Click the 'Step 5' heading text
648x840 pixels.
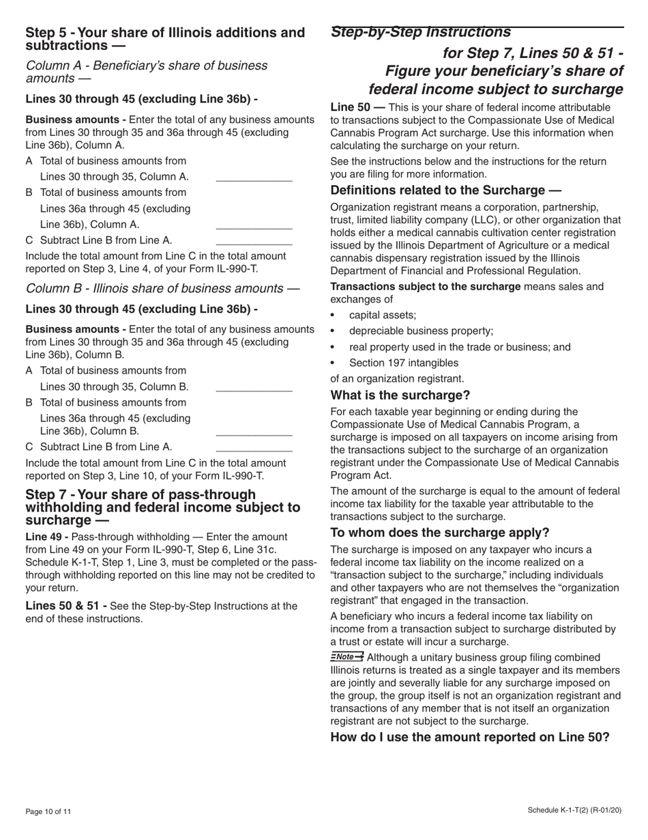point(164,39)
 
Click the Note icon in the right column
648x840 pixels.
point(347,657)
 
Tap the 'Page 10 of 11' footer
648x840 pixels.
point(48,812)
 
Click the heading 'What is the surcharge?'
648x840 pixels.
point(400,395)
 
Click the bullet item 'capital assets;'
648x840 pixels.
point(382,315)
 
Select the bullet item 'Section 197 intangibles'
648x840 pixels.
point(403,363)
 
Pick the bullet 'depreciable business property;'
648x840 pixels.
point(421,331)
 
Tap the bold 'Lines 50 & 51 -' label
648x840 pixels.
point(65,606)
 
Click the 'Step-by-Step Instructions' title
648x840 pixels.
point(420,32)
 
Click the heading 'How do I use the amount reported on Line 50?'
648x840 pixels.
point(469,738)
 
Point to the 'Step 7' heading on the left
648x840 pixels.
point(162,507)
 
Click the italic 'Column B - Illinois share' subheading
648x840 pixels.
point(162,289)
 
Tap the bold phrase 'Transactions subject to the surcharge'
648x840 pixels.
point(425,286)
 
